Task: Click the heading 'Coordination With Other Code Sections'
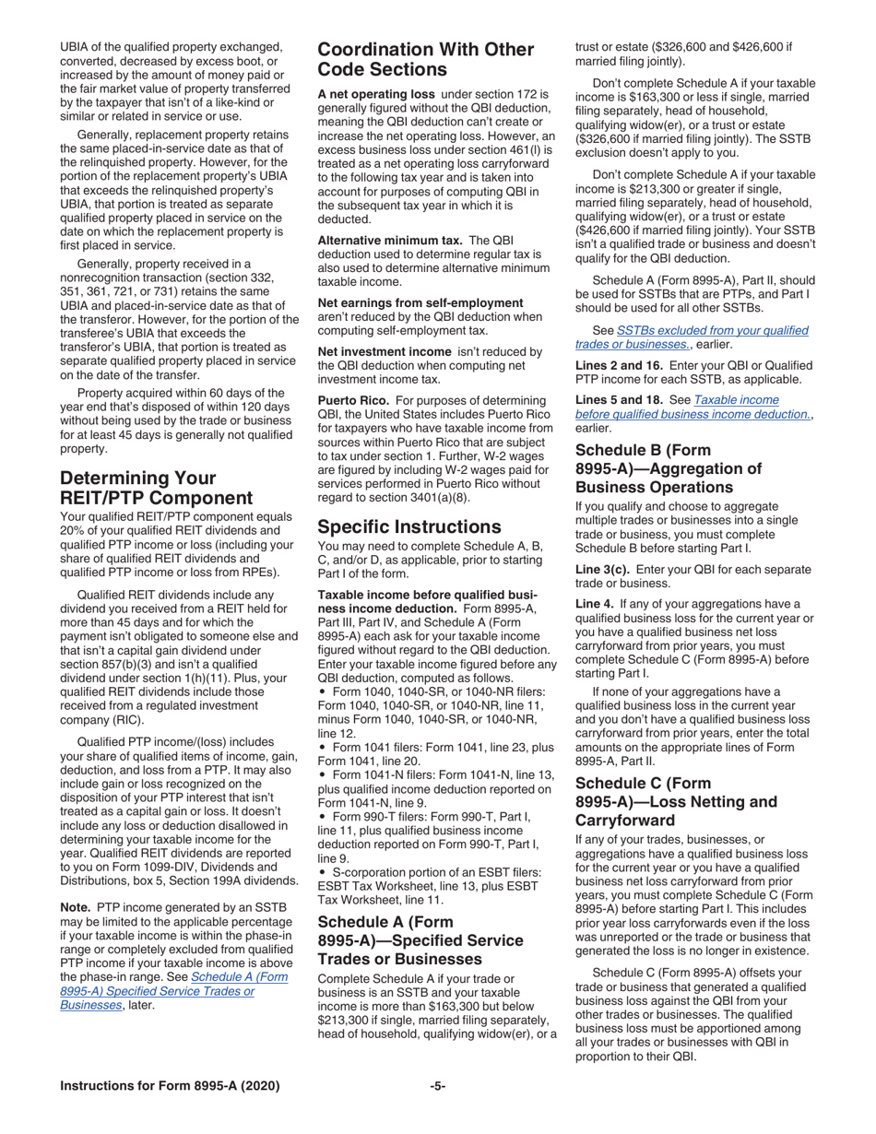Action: point(425,59)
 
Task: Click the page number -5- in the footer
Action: point(437,1086)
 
